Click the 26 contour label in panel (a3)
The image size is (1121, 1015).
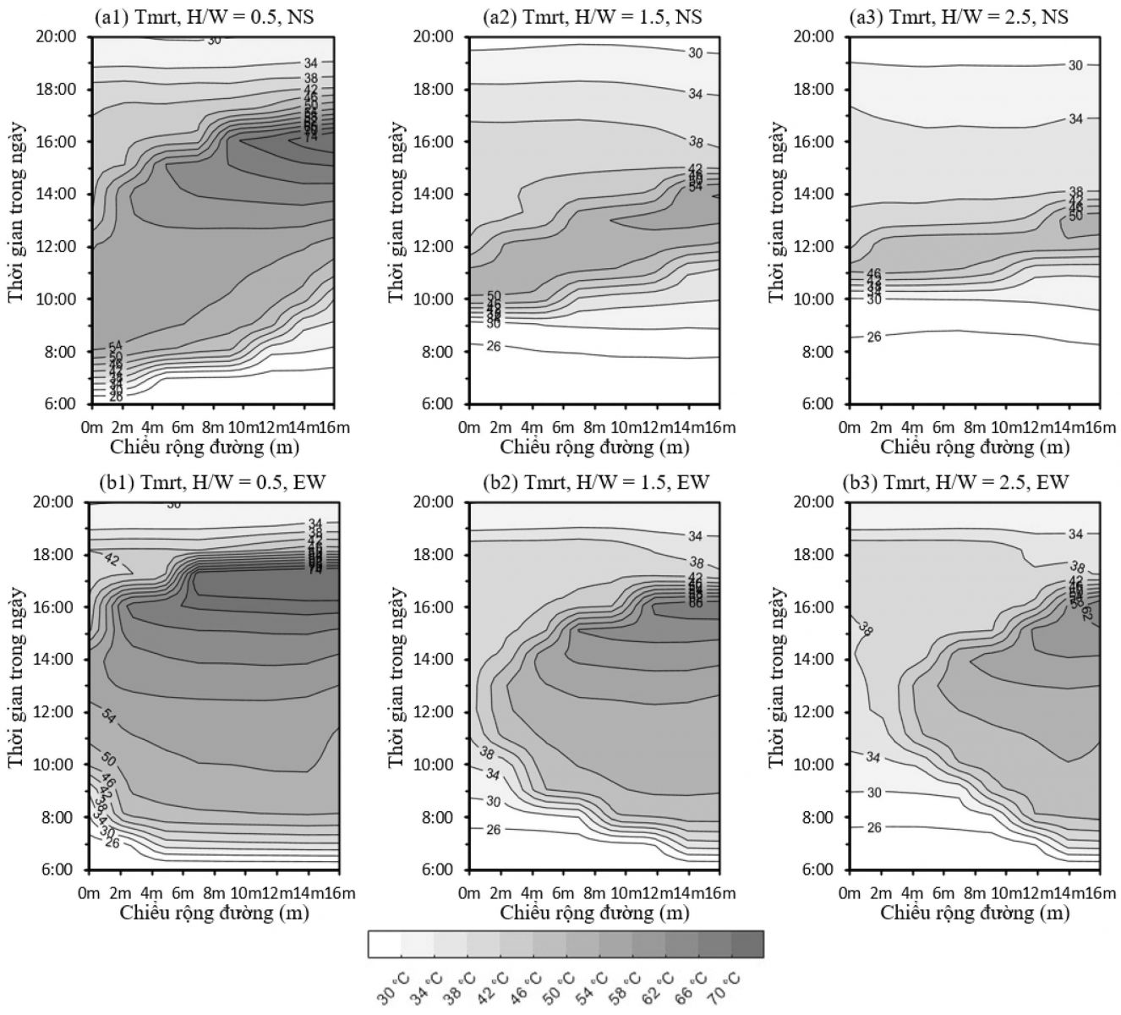[x=874, y=337]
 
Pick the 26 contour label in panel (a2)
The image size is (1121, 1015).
[x=494, y=346]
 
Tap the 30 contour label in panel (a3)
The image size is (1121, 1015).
[x=1075, y=65]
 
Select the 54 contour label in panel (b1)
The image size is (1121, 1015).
[x=109, y=716]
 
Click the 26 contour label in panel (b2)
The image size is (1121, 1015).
[x=494, y=830]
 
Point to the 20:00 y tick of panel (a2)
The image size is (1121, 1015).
[x=434, y=36]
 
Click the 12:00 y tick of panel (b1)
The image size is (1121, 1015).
[x=53, y=711]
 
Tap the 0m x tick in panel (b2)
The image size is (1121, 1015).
[x=470, y=893]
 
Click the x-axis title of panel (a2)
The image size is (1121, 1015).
[x=594, y=447]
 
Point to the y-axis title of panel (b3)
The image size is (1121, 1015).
[x=777, y=678]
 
